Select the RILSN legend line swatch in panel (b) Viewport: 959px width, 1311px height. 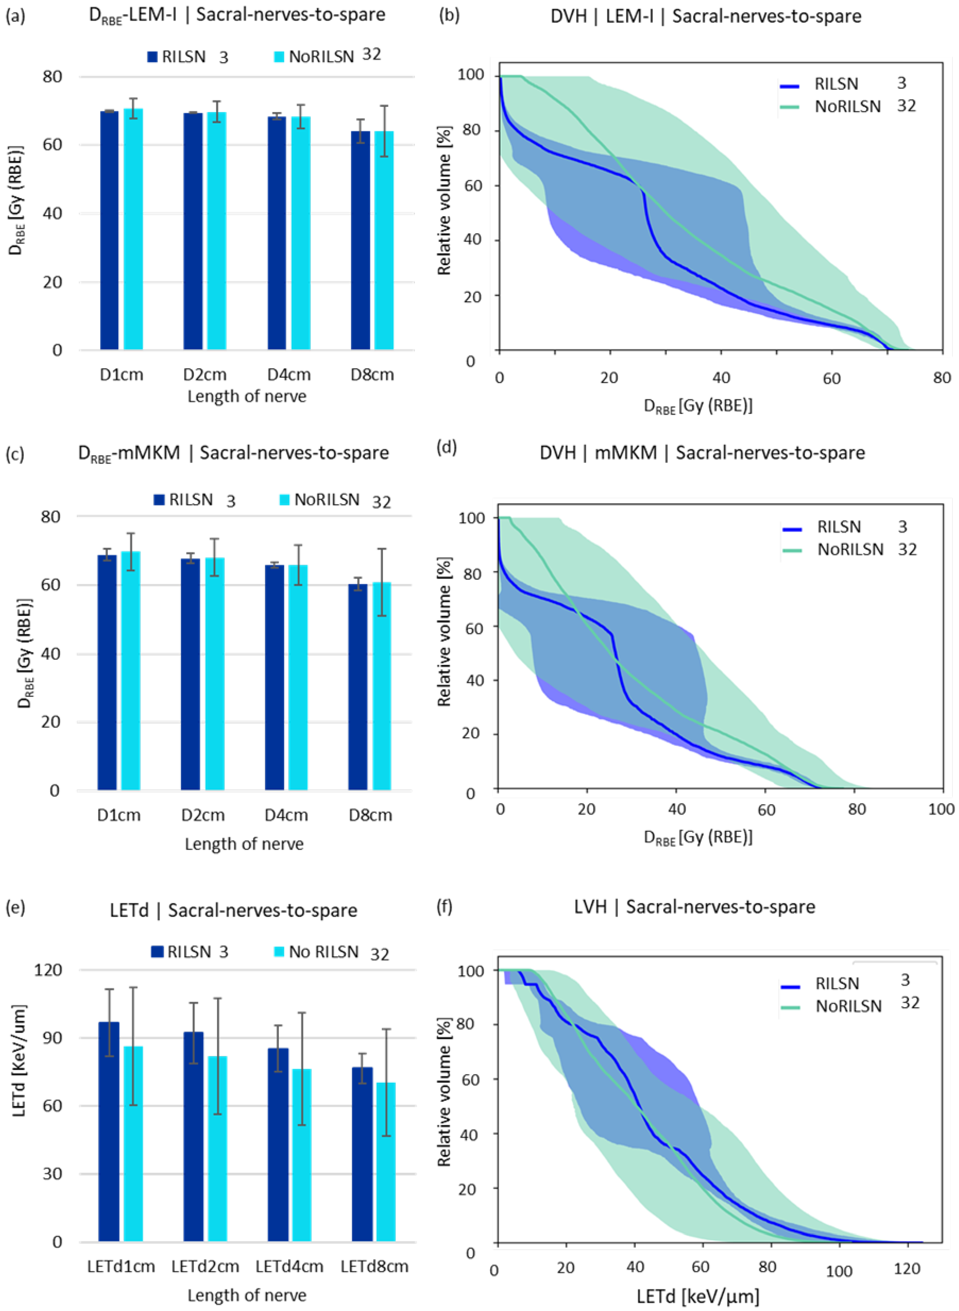[790, 86]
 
